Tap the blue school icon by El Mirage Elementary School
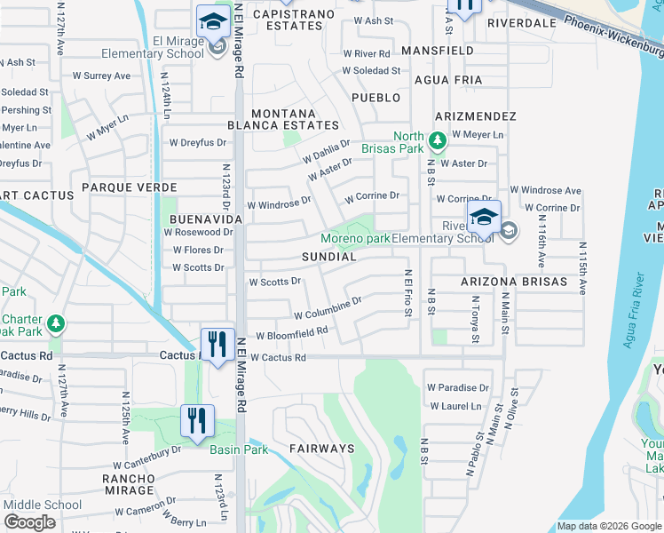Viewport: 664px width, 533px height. tap(213, 21)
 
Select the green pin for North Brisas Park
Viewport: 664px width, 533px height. tap(436, 140)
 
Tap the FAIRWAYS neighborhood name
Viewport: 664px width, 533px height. tap(321, 449)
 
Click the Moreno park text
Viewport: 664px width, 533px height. tap(355, 238)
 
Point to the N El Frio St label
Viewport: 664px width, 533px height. tap(407, 297)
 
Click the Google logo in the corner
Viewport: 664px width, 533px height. tap(30, 523)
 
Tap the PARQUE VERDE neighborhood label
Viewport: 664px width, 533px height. tap(130, 187)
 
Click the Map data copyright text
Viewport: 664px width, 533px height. tap(607, 526)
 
